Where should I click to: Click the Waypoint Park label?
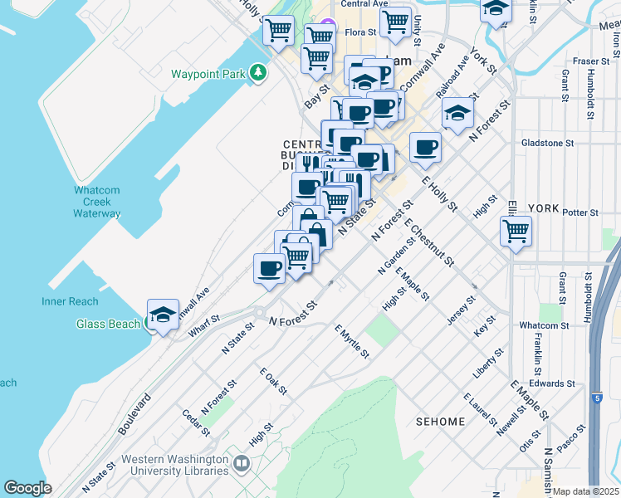click(208, 74)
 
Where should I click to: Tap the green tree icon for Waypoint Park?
click(259, 73)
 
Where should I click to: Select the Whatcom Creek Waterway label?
click(97, 202)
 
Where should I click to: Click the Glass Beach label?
click(108, 324)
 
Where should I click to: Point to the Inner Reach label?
click(70, 301)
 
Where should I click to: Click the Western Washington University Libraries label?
click(174, 465)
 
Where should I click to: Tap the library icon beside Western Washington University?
click(242, 462)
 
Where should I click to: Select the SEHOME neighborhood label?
click(440, 422)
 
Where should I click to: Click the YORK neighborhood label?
click(544, 208)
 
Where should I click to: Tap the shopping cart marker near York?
click(516, 230)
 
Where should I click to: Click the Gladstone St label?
click(547, 143)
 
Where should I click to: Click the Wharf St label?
click(203, 325)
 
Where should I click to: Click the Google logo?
click(27, 488)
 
